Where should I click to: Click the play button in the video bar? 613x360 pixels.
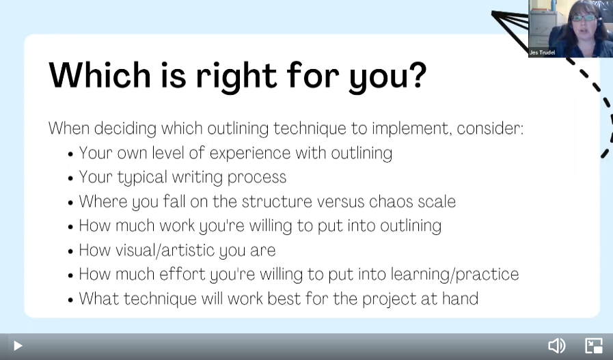pyautogui.click(x=18, y=346)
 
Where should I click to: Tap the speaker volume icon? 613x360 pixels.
pyautogui.click(x=557, y=346)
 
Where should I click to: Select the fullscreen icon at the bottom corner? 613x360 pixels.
pyautogui.click(x=593, y=346)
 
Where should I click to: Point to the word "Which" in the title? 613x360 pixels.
pyautogui.click(x=100, y=74)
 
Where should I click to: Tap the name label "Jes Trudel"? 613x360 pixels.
pyautogui.click(x=542, y=53)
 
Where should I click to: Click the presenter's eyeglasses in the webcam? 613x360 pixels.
pyautogui.click(x=584, y=18)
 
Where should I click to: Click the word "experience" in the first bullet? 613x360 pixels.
pyautogui.click(x=250, y=154)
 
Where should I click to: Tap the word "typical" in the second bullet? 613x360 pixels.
pyautogui.click(x=143, y=178)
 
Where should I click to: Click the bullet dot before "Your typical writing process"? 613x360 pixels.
pyautogui.click(x=70, y=178)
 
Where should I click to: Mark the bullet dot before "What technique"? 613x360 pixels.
pyautogui.click(x=70, y=300)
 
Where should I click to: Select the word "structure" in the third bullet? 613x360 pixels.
pyautogui.click(x=277, y=202)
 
